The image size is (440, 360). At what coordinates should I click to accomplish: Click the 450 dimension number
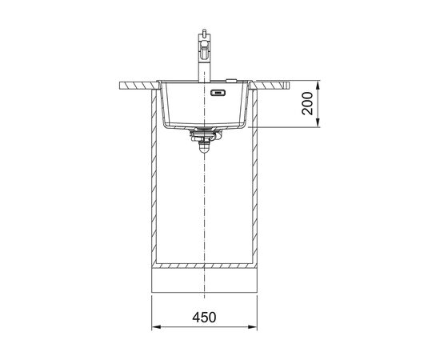204,318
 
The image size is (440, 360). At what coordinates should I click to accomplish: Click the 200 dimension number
307,103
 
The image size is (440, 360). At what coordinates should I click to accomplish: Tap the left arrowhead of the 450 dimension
155,327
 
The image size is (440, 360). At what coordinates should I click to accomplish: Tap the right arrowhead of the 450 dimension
253,327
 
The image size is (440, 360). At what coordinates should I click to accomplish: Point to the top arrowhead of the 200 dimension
318,86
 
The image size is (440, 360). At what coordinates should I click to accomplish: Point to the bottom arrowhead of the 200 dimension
318,122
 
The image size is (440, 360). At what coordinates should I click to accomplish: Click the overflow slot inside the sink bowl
218,92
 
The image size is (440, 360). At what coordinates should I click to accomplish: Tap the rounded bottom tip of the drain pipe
204,151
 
